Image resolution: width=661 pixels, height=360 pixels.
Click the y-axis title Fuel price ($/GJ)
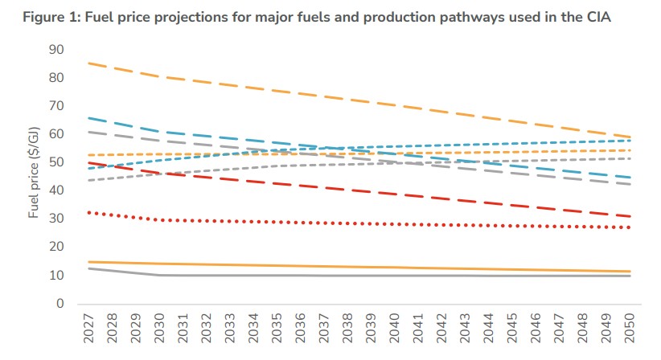click(x=34, y=177)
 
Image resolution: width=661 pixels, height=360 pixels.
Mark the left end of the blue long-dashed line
click(x=88, y=118)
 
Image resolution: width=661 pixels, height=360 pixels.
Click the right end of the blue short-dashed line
click(x=629, y=141)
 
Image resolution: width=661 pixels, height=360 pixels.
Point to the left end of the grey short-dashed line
click(x=88, y=180)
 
